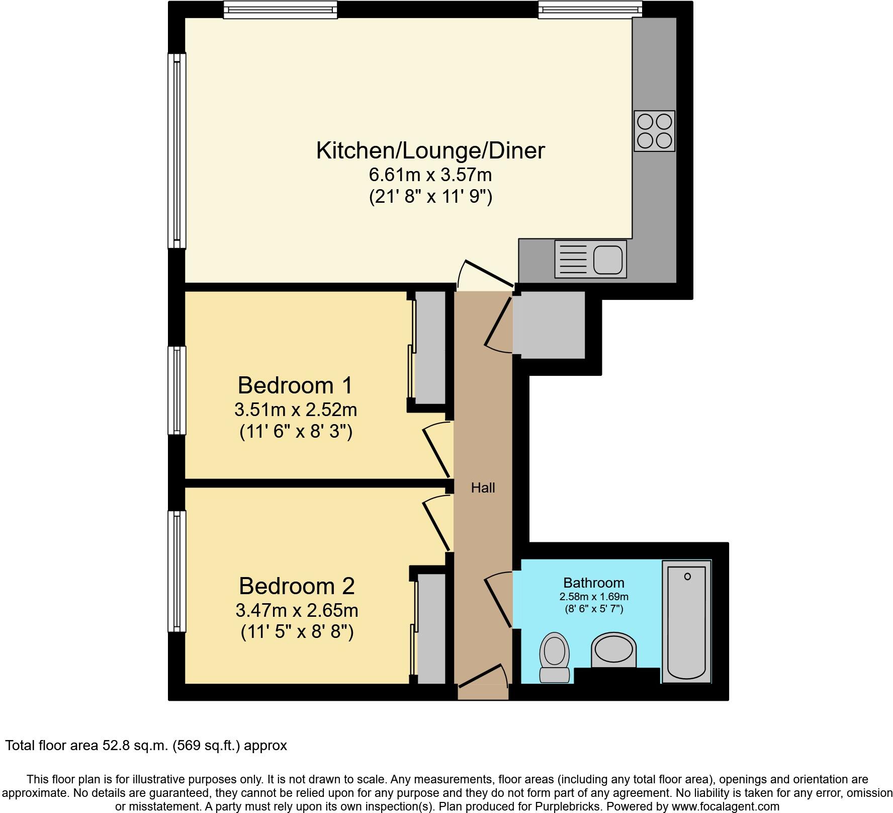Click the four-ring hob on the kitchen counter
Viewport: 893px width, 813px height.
tap(654, 131)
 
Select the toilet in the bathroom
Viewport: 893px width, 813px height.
tap(554, 657)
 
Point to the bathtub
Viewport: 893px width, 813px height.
tap(686, 622)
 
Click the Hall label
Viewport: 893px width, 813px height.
tap(483, 487)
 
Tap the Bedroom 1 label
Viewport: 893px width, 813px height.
tap(295, 385)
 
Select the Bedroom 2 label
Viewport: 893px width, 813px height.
tap(297, 586)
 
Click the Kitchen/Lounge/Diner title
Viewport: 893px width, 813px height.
tap(430, 150)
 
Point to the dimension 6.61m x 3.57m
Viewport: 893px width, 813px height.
tap(430, 175)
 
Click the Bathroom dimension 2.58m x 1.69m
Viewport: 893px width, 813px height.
tap(594, 597)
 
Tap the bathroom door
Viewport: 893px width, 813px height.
tap(498, 601)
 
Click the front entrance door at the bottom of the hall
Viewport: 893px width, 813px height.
tap(482, 677)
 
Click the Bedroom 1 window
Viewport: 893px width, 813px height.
tap(177, 390)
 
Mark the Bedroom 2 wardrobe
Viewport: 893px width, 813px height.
tap(431, 629)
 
